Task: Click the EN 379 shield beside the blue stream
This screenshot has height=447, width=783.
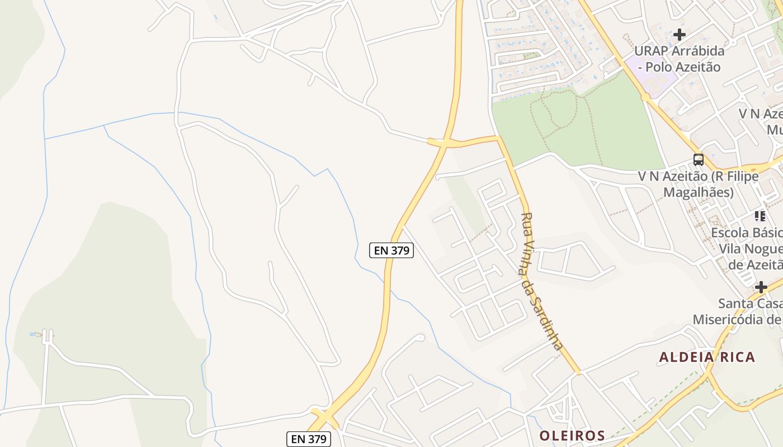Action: (x=391, y=250)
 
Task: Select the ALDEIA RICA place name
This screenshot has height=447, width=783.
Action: (x=707, y=357)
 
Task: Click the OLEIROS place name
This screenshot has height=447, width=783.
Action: (x=572, y=435)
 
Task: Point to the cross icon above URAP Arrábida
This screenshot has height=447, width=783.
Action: (x=680, y=35)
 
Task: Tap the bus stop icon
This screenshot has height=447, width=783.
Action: (x=699, y=160)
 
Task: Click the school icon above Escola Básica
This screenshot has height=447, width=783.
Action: (x=760, y=216)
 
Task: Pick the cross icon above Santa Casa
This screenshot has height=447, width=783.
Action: (x=761, y=288)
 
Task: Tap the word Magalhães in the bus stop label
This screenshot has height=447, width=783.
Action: (x=698, y=193)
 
